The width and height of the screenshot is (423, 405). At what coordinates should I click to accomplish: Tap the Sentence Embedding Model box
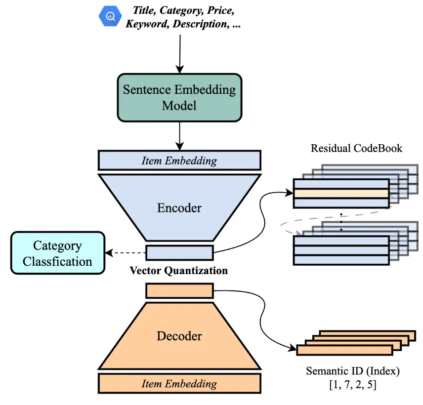(179, 97)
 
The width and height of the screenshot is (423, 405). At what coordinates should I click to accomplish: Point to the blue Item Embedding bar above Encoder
(179, 161)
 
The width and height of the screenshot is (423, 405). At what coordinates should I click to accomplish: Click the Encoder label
(179, 208)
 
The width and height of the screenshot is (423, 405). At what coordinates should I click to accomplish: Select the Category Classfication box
(57, 253)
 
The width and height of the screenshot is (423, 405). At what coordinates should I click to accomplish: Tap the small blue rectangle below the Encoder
(179, 253)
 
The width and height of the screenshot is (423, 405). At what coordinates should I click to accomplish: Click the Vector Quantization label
(179, 271)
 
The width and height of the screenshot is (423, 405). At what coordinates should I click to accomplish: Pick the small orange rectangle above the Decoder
(179, 290)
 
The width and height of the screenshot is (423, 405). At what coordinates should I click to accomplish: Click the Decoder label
(179, 336)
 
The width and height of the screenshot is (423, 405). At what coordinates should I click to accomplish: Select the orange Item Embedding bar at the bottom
(179, 383)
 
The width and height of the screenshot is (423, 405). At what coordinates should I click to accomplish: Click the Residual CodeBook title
(356, 148)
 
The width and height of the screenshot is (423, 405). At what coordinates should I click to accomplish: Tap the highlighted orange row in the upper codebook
(341, 194)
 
